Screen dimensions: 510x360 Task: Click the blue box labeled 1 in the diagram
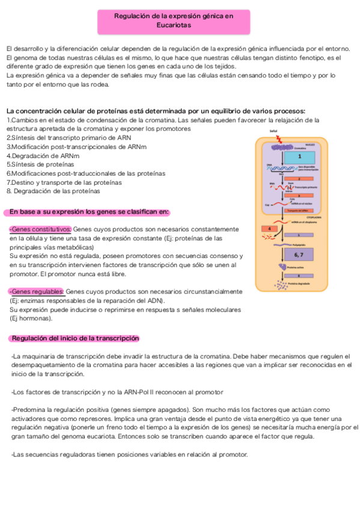point(299,156)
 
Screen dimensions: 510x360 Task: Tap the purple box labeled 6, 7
point(299,255)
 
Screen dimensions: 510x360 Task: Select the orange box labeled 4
point(269,229)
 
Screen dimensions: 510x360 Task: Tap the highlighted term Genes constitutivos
point(40,229)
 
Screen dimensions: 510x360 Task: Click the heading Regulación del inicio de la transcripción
point(75,338)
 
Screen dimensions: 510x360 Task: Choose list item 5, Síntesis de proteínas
point(40,164)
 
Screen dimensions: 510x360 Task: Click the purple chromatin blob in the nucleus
point(282,147)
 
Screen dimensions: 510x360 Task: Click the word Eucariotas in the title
point(173,26)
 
